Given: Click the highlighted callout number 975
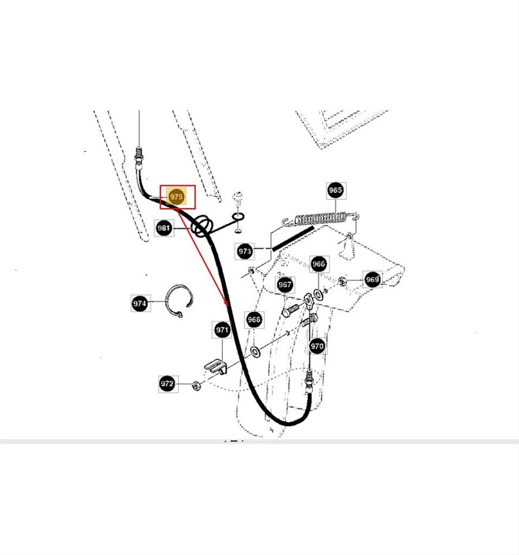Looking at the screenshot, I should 176,197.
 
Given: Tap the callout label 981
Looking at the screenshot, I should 164,228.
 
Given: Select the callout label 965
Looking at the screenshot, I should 335,190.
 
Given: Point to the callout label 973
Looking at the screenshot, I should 244,251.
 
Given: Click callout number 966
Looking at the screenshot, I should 319,264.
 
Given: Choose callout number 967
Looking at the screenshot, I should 285,285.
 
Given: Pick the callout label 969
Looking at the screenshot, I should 373,280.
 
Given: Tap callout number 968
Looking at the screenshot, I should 254,320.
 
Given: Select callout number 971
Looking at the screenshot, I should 222,330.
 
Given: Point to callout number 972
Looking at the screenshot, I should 167,384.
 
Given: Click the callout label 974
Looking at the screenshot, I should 140,304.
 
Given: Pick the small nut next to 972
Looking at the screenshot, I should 196,385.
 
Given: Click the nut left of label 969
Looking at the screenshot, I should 342,281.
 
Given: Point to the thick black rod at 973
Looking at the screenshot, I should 293,238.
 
